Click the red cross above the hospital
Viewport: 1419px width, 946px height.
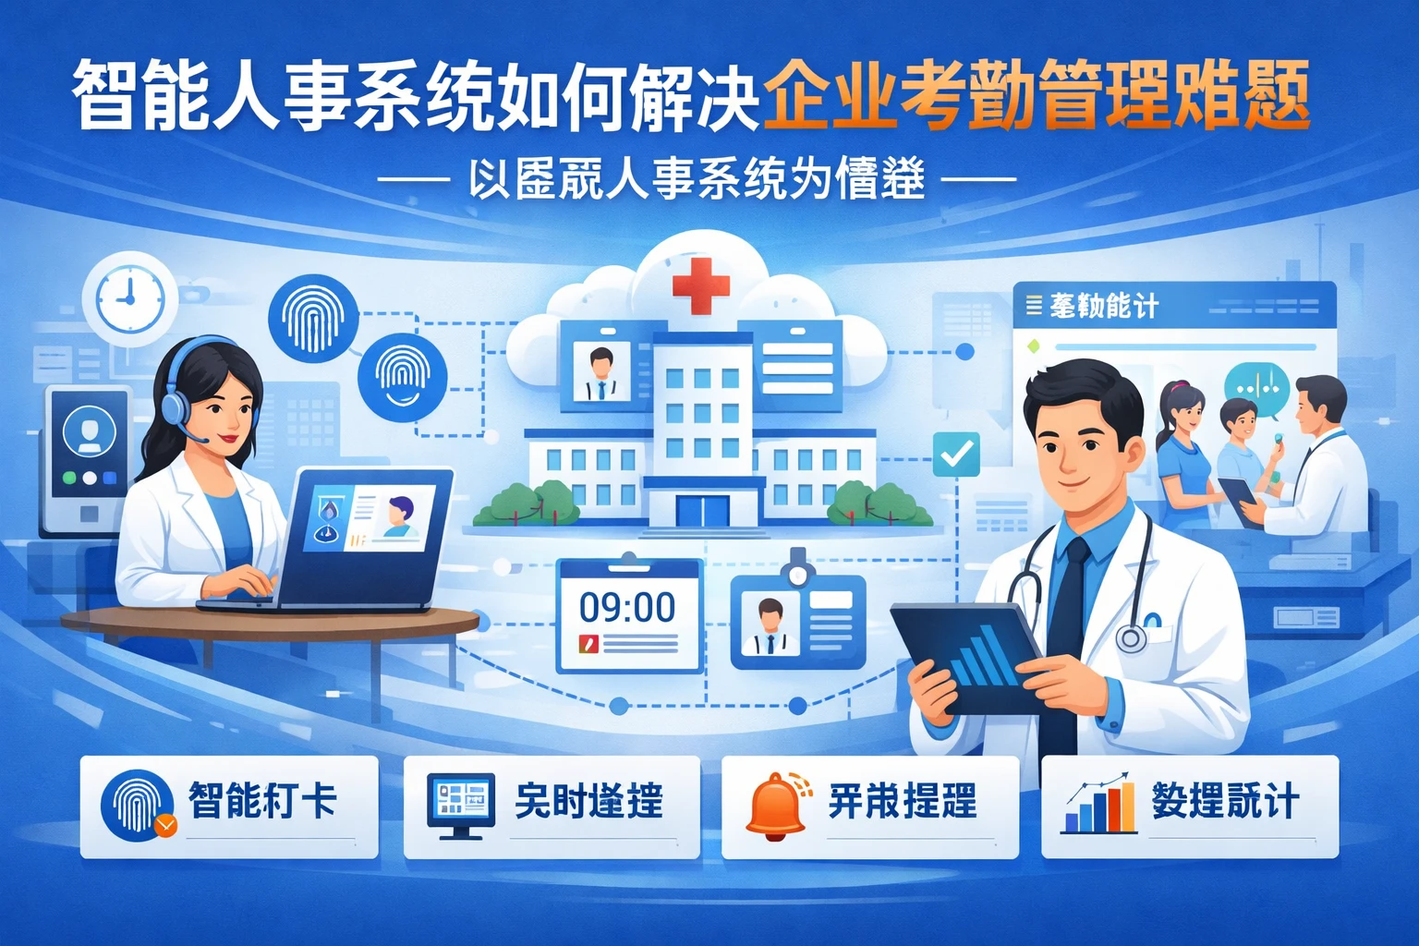point(701,285)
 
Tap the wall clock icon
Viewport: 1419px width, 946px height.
point(128,297)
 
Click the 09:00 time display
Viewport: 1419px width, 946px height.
point(627,607)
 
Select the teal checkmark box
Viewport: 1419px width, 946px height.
point(956,454)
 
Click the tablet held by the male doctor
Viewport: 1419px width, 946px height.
point(970,655)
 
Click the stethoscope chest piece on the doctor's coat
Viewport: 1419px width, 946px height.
point(1131,638)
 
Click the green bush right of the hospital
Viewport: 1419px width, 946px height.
point(876,504)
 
